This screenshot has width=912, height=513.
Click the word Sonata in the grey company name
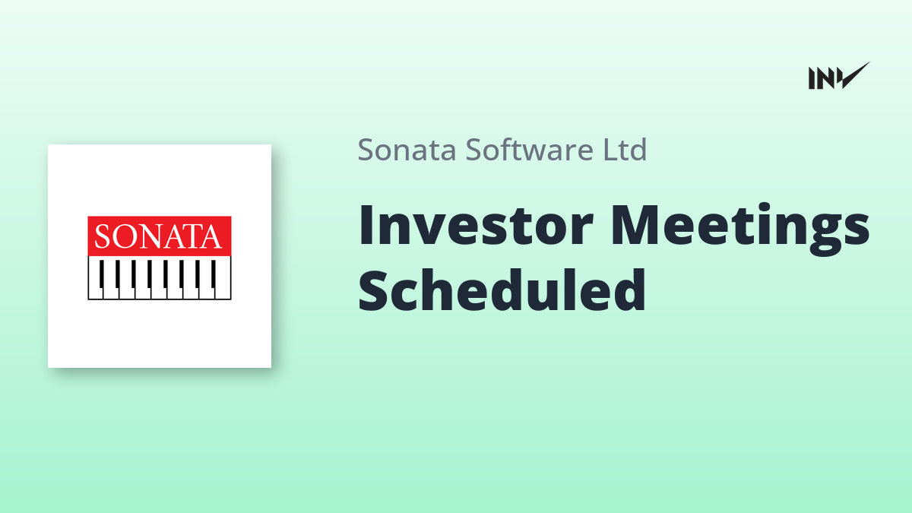coord(407,150)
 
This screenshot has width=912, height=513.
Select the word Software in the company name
coord(530,149)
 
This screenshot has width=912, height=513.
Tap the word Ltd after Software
coord(625,149)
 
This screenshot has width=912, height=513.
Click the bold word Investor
coord(476,225)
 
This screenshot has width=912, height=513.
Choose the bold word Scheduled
coord(502,290)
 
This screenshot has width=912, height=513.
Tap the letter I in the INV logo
coord(812,78)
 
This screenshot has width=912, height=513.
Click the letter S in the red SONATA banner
coord(102,236)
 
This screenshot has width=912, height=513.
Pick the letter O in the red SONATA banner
coord(123,236)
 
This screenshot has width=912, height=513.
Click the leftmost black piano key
coord(102,274)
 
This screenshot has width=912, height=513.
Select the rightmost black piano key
coord(214,274)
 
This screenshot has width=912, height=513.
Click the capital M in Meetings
coord(636,225)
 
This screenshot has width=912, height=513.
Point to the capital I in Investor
coord(365,225)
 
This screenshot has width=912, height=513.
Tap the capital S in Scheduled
coord(372,290)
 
